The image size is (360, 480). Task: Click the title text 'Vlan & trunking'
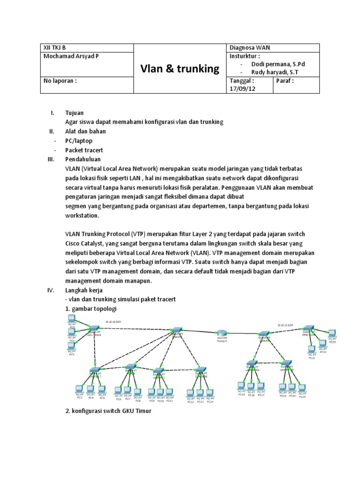tap(180, 69)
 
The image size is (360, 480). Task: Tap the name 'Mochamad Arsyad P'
tap(71, 56)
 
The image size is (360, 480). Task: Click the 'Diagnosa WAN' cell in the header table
tap(250, 48)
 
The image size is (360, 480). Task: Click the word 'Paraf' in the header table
tap(285, 81)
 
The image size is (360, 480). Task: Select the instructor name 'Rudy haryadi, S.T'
tap(278, 72)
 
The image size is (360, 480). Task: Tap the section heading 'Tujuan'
tap(75, 113)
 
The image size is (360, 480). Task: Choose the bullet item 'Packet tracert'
tap(84, 150)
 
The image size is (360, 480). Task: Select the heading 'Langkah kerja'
tap(84, 290)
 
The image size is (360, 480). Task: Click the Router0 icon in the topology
tap(222, 332)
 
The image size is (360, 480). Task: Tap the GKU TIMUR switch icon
tap(94, 330)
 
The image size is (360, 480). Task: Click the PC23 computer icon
tap(332, 333)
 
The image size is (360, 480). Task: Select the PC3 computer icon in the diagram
tap(79, 390)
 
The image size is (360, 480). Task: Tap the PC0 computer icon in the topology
tap(72, 320)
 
